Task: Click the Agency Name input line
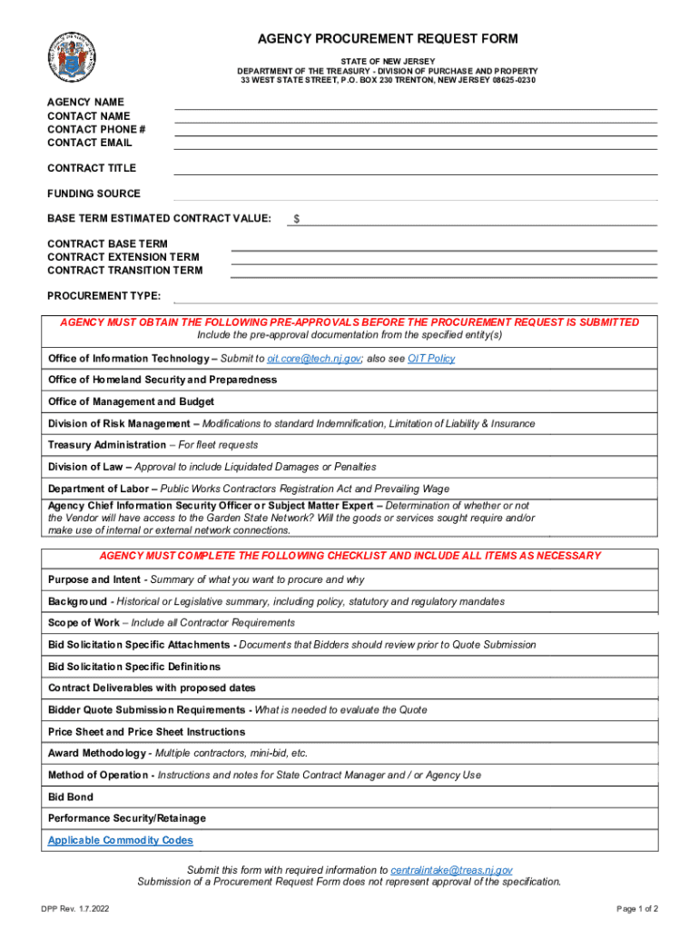click(x=415, y=104)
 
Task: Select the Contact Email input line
click(x=415, y=143)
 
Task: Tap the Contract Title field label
click(x=92, y=168)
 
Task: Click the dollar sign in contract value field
click(x=297, y=220)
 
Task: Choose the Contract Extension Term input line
click(x=444, y=258)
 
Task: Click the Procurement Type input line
click(x=415, y=297)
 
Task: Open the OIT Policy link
click(x=431, y=359)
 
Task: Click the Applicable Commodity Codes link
click(x=120, y=841)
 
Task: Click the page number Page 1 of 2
click(x=637, y=909)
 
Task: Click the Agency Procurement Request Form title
click(x=388, y=39)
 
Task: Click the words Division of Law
click(x=86, y=467)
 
